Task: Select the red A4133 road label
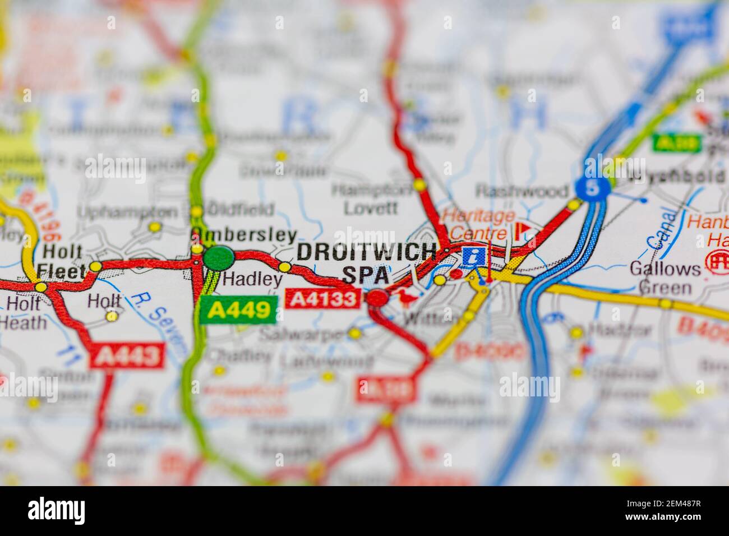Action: [322, 298]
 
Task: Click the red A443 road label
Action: [128, 356]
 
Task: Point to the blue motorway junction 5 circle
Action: [592, 188]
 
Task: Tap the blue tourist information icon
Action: [474, 257]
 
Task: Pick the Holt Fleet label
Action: [63, 262]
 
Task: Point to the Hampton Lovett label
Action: [371, 198]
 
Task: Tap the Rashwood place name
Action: [521, 191]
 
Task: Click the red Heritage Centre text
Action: [476, 223]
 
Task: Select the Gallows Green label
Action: [665, 278]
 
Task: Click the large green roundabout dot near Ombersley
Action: [219, 258]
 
